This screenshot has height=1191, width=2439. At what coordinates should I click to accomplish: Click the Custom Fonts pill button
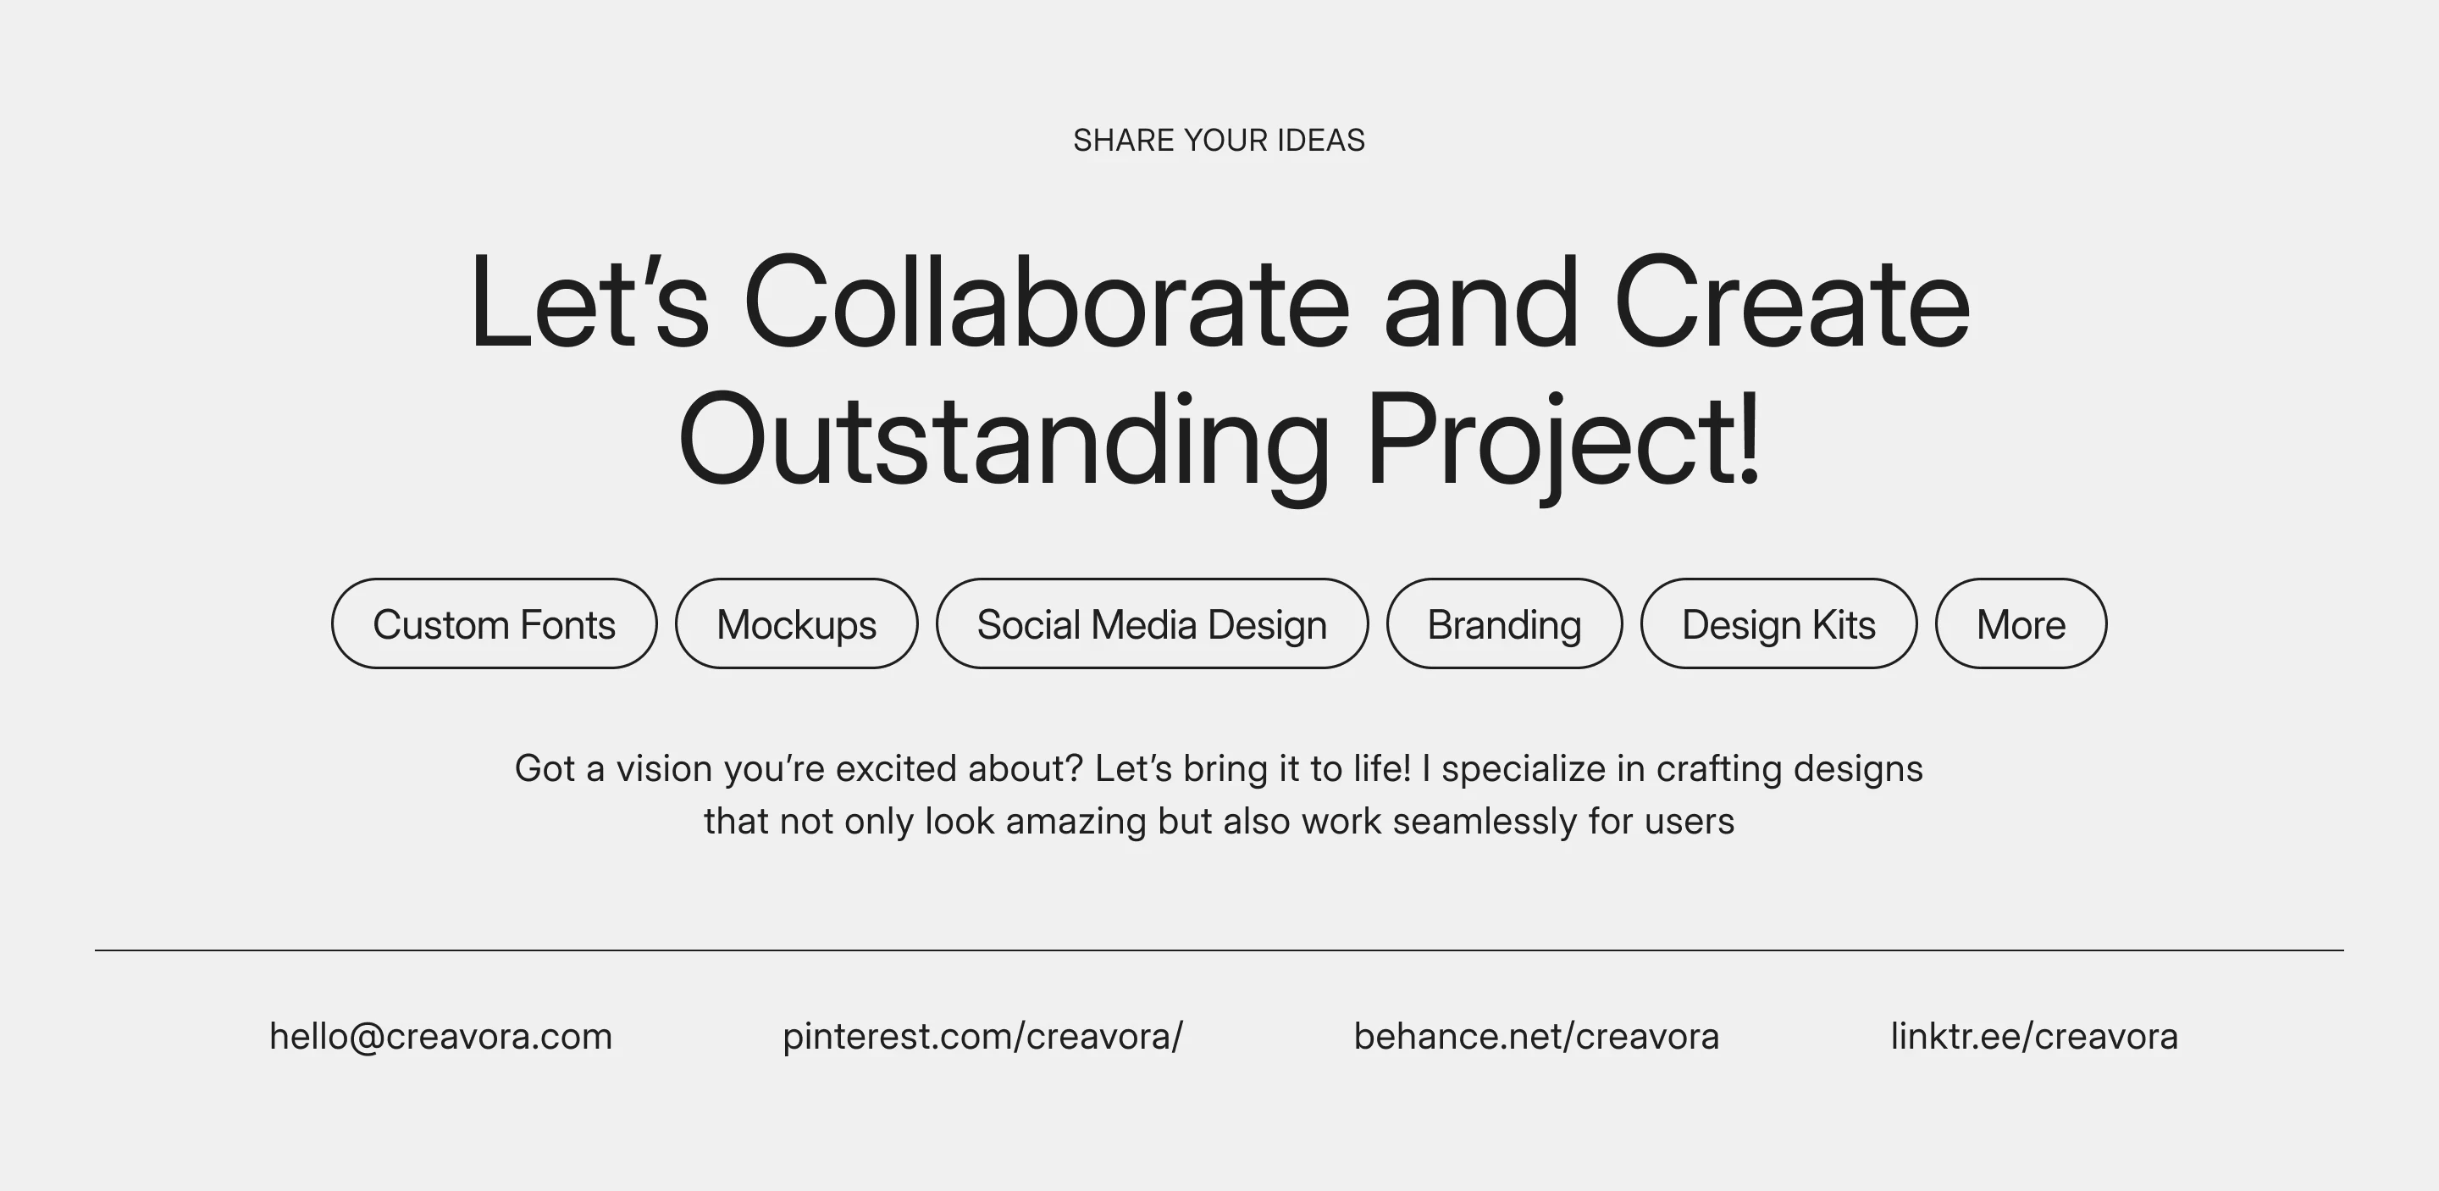[495, 624]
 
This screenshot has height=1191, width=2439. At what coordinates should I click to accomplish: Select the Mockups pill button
[796, 624]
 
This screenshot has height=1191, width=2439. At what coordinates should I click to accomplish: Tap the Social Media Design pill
[1153, 624]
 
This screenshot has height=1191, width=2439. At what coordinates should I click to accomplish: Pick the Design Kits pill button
[1779, 624]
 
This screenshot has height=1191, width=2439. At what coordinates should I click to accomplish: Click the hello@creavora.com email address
[441, 1037]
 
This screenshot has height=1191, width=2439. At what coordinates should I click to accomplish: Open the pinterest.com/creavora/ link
[982, 1037]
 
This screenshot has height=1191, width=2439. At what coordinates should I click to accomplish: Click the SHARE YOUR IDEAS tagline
[1219, 140]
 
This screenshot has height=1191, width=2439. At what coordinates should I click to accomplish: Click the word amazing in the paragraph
[1076, 822]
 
